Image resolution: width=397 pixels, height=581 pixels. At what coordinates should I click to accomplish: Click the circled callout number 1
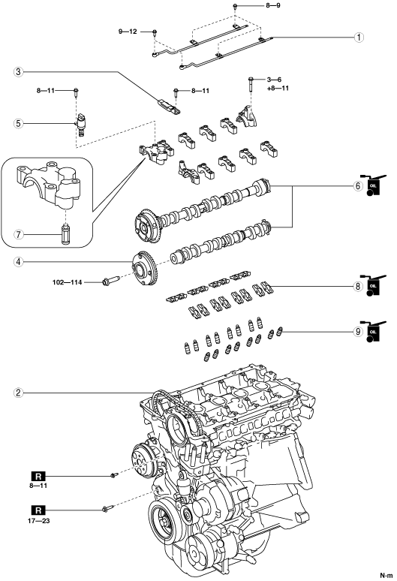pyautogui.click(x=358, y=37)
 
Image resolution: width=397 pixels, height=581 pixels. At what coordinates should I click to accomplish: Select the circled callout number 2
pyautogui.click(x=19, y=393)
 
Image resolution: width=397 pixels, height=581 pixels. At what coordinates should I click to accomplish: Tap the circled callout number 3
pyautogui.click(x=19, y=72)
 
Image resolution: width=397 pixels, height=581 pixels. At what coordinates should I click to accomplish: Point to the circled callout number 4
pyautogui.click(x=19, y=261)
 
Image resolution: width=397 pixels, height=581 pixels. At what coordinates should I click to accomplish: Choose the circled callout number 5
pyautogui.click(x=19, y=123)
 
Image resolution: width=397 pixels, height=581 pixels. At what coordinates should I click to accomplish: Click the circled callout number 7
pyautogui.click(x=19, y=234)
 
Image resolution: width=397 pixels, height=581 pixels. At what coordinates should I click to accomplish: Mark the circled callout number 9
pyautogui.click(x=358, y=331)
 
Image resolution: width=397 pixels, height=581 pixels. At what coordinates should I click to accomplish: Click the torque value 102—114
pyautogui.click(x=67, y=282)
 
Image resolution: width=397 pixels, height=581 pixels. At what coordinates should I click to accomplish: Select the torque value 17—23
pyautogui.click(x=38, y=521)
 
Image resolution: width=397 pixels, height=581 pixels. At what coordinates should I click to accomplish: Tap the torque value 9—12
pyautogui.click(x=128, y=32)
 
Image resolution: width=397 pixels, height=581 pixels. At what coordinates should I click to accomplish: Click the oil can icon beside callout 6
pyautogui.click(x=373, y=185)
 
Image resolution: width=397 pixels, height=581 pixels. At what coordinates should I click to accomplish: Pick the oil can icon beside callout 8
pyautogui.click(x=373, y=285)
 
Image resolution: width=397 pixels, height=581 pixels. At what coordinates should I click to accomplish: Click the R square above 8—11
pyautogui.click(x=38, y=476)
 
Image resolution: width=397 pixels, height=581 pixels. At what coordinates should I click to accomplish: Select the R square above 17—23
pyautogui.click(x=38, y=510)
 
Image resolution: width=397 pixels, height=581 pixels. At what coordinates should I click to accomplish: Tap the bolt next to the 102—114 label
pyautogui.click(x=110, y=281)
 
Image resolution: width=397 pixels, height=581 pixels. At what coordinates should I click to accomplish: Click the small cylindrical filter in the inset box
pyautogui.click(x=65, y=234)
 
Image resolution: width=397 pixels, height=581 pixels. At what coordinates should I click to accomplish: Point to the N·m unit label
pyautogui.click(x=386, y=575)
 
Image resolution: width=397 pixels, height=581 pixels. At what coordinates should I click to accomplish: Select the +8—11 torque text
pyautogui.click(x=278, y=88)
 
